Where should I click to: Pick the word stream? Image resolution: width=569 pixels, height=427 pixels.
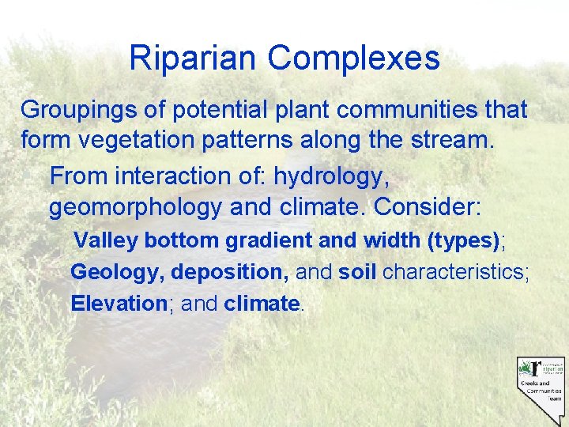(454, 143)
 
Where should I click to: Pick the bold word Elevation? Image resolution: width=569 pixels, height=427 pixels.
(116, 304)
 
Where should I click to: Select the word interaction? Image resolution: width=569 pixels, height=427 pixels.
(183, 175)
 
